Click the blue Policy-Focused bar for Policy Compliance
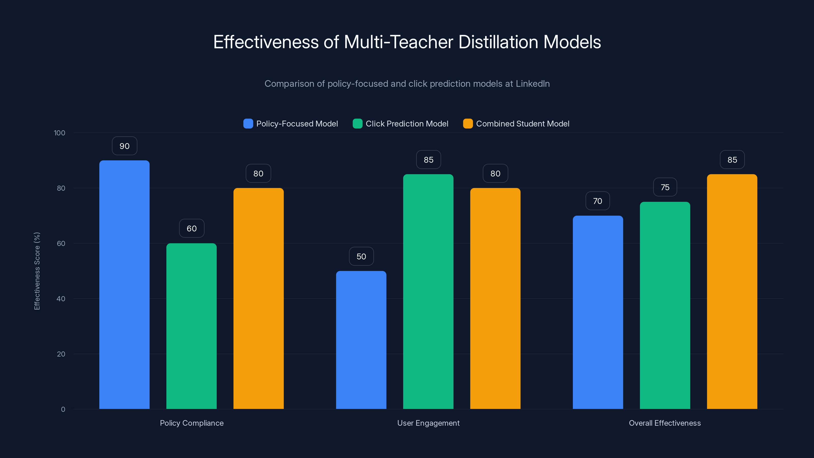pyautogui.click(x=124, y=284)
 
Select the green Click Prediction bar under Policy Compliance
pyautogui.click(x=192, y=326)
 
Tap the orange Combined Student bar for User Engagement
pyautogui.click(x=495, y=298)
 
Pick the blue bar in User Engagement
pyautogui.click(x=361, y=340)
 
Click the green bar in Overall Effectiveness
pyautogui.click(x=665, y=305)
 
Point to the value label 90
pyautogui.click(x=124, y=146)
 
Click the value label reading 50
pyautogui.click(x=361, y=256)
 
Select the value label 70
pyautogui.click(x=598, y=201)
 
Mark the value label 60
pyautogui.click(x=192, y=228)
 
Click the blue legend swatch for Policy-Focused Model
pyautogui.click(x=248, y=124)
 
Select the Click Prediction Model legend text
pyautogui.click(x=407, y=124)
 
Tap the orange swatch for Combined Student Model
pyautogui.click(x=468, y=124)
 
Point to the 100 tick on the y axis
pyautogui.click(x=60, y=133)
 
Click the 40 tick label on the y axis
pyautogui.click(x=61, y=299)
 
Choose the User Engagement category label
pyautogui.click(x=428, y=423)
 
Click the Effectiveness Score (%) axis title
pyautogui.click(x=37, y=271)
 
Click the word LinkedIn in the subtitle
pyautogui.click(x=532, y=84)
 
